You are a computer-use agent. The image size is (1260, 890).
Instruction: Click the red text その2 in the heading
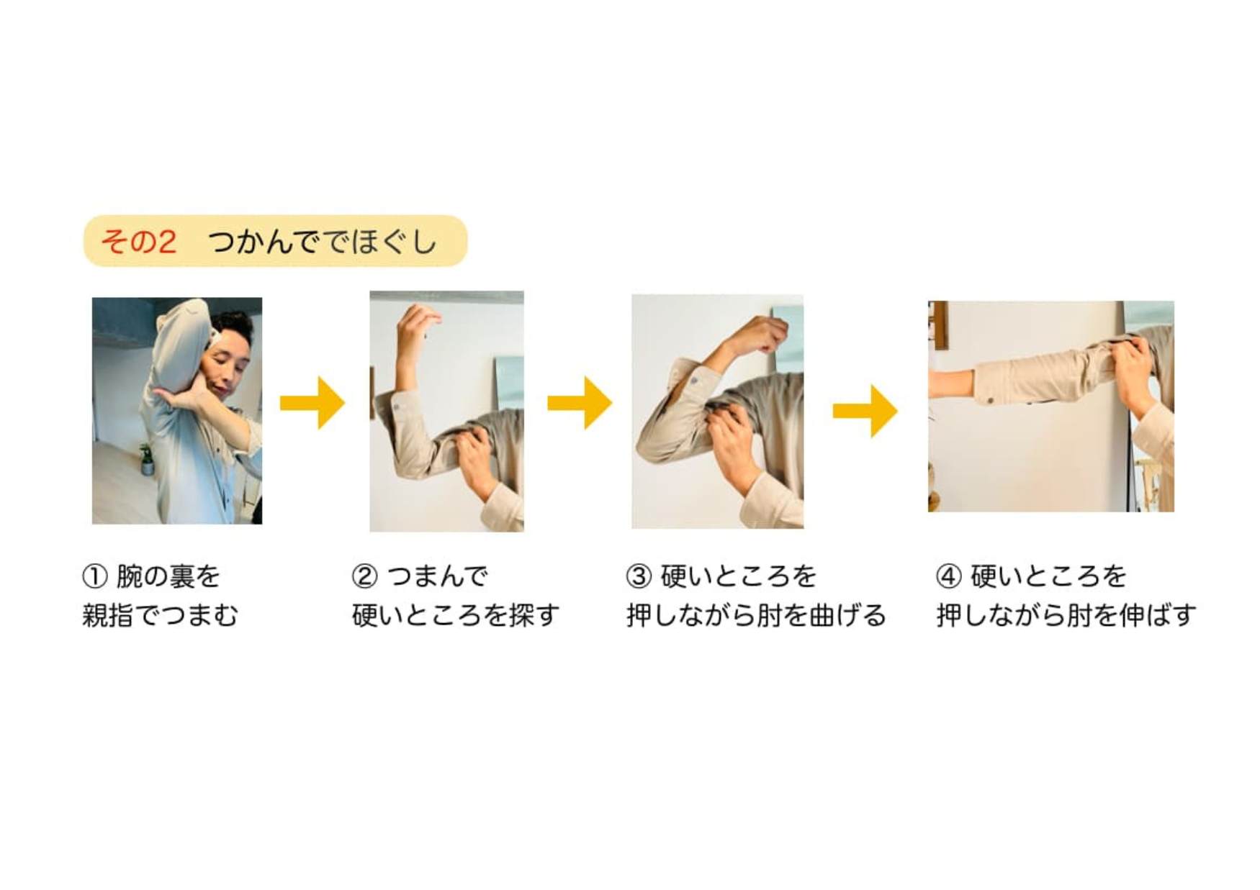(x=138, y=241)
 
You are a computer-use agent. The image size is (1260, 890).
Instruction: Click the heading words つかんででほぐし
(x=323, y=241)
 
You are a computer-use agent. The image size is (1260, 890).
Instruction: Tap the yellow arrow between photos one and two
(x=312, y=403)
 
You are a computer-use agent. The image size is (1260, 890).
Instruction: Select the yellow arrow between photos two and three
(x=580, y=403)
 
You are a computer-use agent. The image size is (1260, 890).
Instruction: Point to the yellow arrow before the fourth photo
(x=865, y=411)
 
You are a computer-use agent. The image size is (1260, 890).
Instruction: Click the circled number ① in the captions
(x=94, y=576)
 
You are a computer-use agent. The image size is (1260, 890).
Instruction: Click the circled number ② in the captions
(x=364, y=576)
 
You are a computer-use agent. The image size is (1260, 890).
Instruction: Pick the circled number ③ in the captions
(x=639, y=576)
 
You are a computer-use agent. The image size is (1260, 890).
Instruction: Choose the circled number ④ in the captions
(x=948, y=576)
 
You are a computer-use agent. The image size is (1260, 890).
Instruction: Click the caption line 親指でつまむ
(x=160, y=616)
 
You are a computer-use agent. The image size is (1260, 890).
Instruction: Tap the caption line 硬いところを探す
(x=456, y=616)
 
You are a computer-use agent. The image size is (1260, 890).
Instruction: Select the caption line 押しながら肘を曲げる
(x=756, y=616)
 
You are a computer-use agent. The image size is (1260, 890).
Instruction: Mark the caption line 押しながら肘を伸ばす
(x=1066, y=616)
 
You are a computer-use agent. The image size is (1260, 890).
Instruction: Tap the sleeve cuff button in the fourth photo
(x=991, y=400)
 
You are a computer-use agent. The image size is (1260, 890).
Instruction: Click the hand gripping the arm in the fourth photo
(x=1133, y=367)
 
